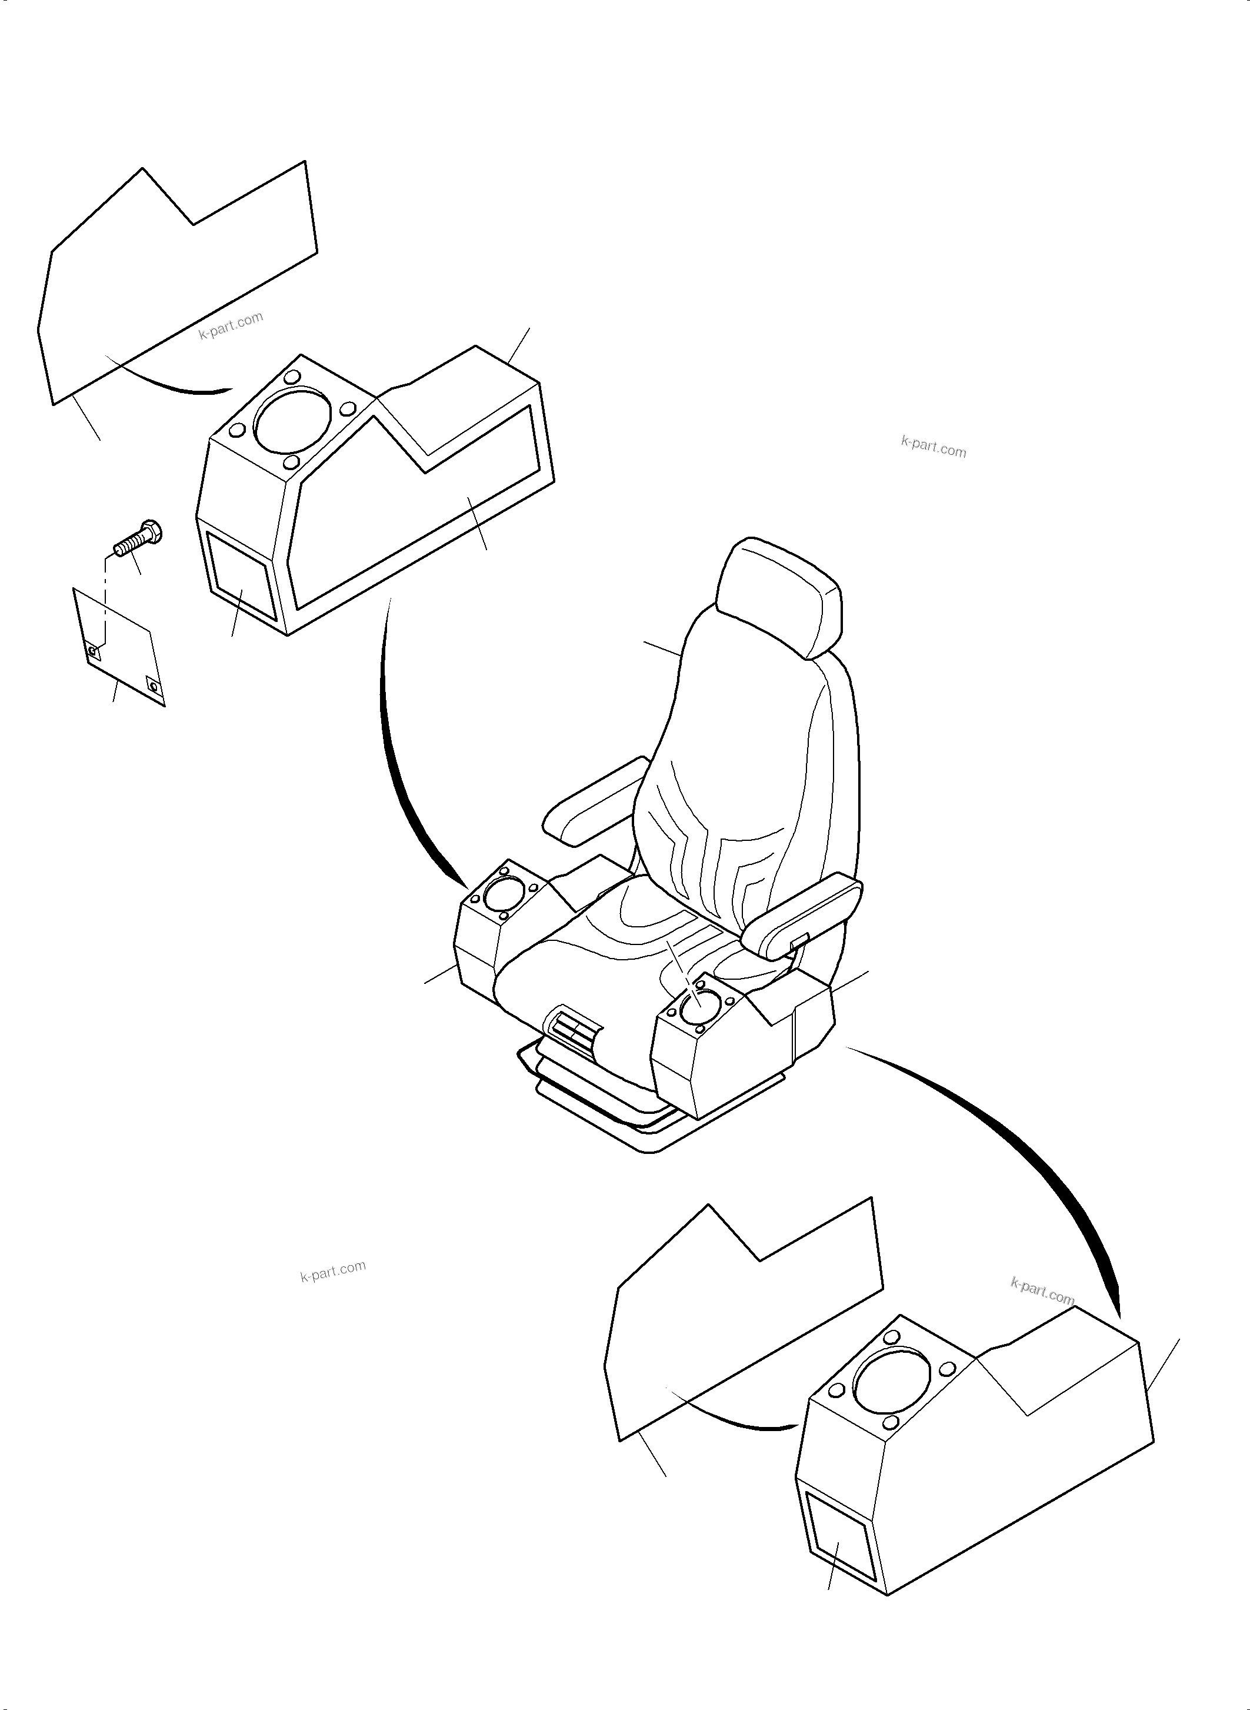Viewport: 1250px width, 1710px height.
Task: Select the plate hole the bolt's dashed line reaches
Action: click(93, 650)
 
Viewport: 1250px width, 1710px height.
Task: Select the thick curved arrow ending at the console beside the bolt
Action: click(401, 764)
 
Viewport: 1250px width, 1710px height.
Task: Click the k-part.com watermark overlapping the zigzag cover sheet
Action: click(231, 326)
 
